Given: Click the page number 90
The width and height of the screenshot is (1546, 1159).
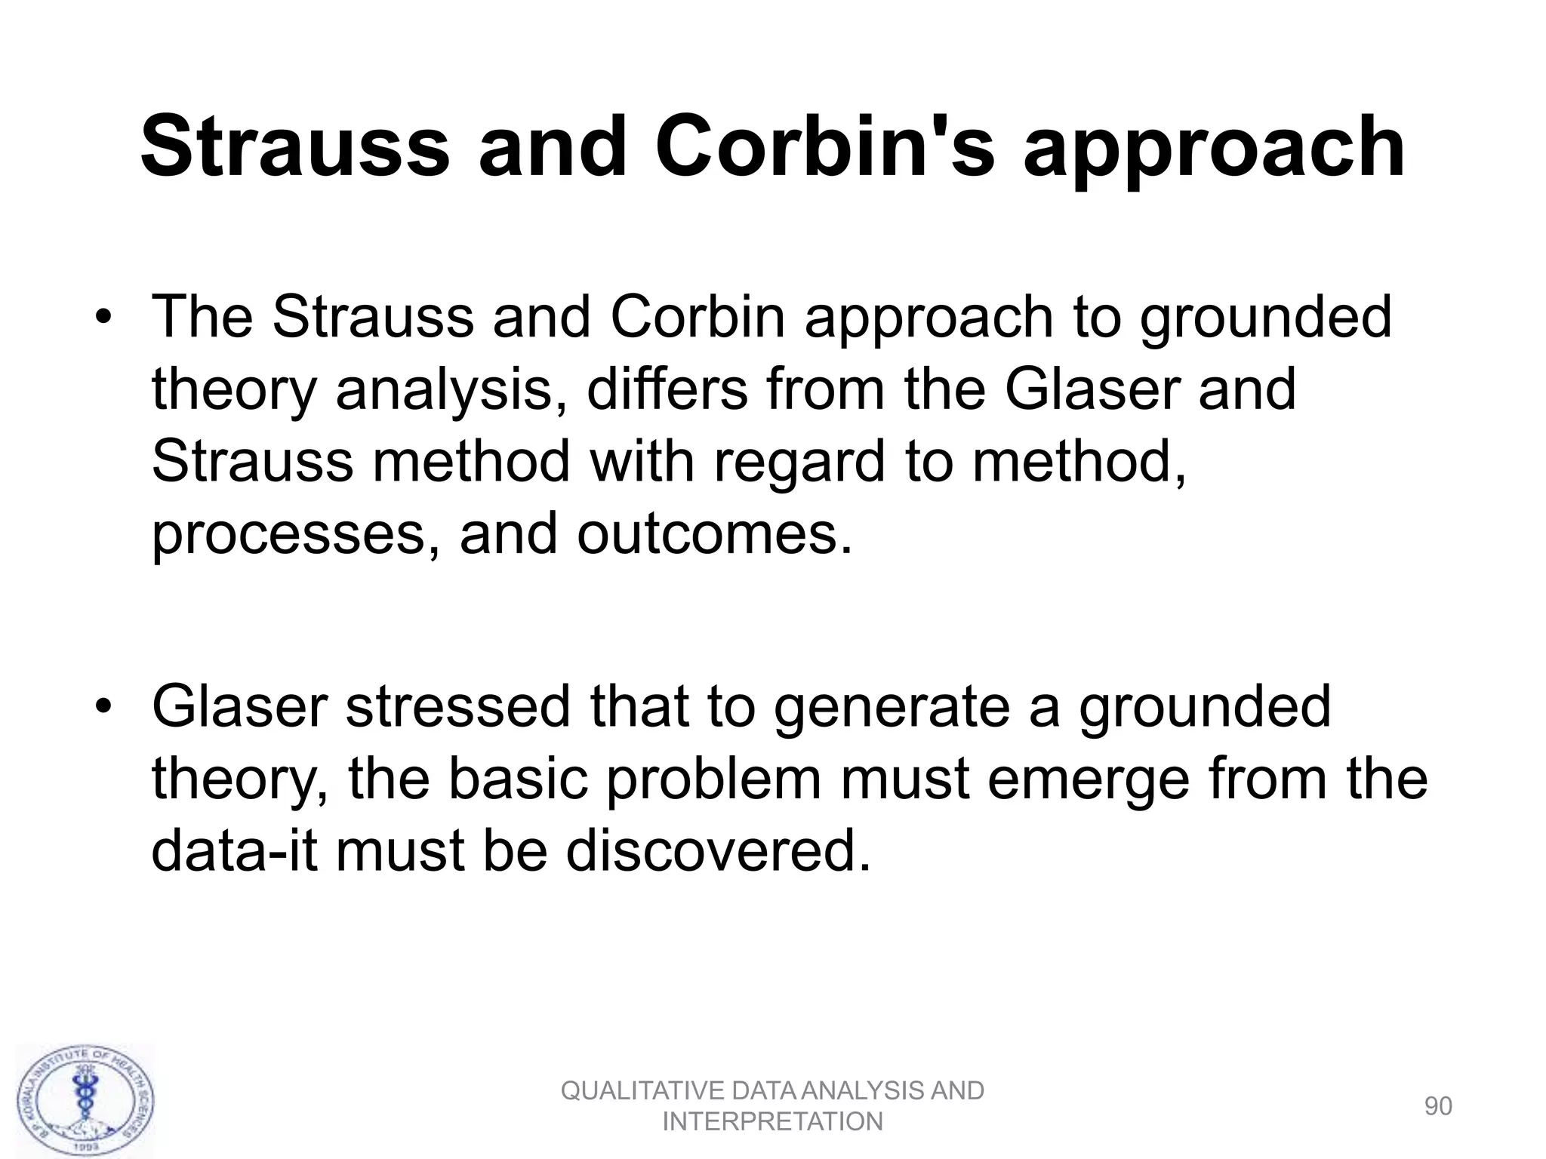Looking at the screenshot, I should tap(1437, 1106).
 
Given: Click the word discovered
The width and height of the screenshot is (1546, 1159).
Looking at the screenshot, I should tap(714, 851).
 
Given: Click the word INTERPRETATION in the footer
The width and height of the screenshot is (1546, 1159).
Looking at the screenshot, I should tap(772, 1122).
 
